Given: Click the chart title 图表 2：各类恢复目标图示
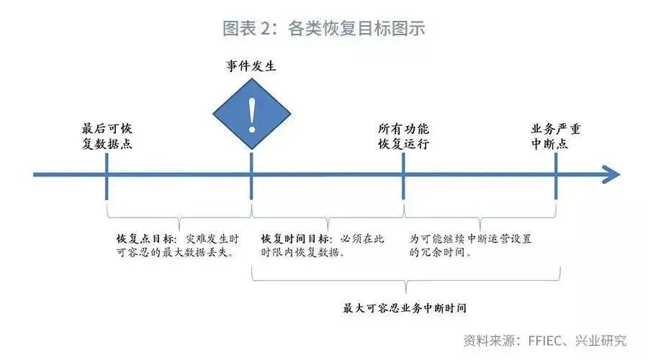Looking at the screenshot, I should tap(323, 30).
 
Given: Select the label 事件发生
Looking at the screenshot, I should tap(251, 66).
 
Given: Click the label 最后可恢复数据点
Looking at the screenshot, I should tap(107, 136).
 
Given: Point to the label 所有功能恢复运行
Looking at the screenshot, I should tap(403, 136).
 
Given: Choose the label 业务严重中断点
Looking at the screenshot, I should tap(556, 136).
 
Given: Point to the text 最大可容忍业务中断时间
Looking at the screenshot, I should tap(405, 308).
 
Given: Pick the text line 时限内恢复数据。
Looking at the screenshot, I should tap(302, 253).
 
